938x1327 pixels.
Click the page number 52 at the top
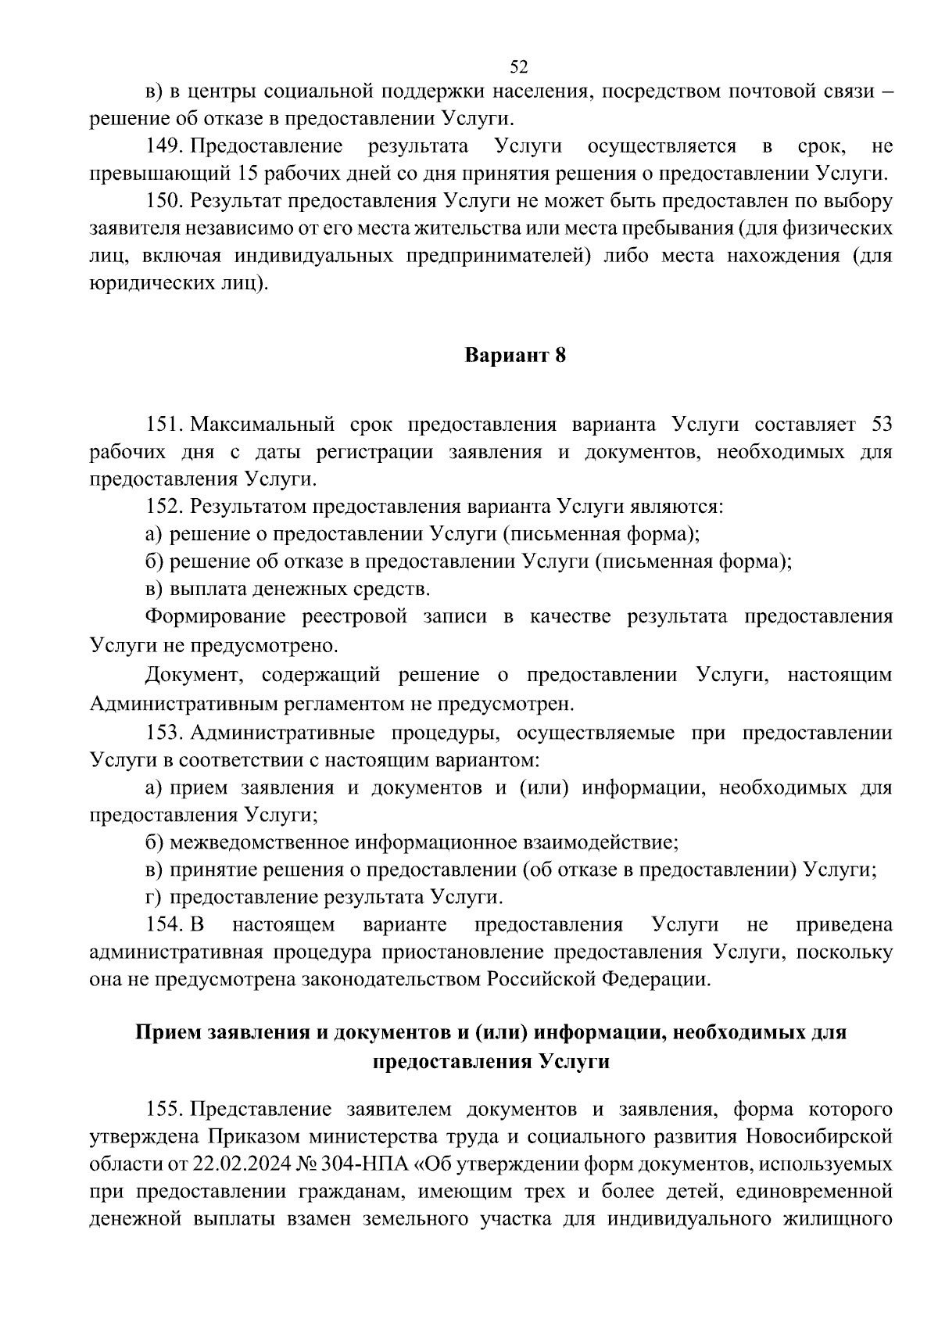click(519, 66)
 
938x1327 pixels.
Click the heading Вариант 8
click(515, 356)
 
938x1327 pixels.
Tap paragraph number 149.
click(164, 146)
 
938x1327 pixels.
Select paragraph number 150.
click(164, 201)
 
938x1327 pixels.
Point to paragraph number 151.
click(164, 425)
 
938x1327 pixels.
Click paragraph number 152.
click(164, 507)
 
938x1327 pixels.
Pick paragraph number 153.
click(164, 733)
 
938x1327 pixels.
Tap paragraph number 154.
click(164, 925)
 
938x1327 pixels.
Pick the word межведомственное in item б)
click(261, 843)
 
